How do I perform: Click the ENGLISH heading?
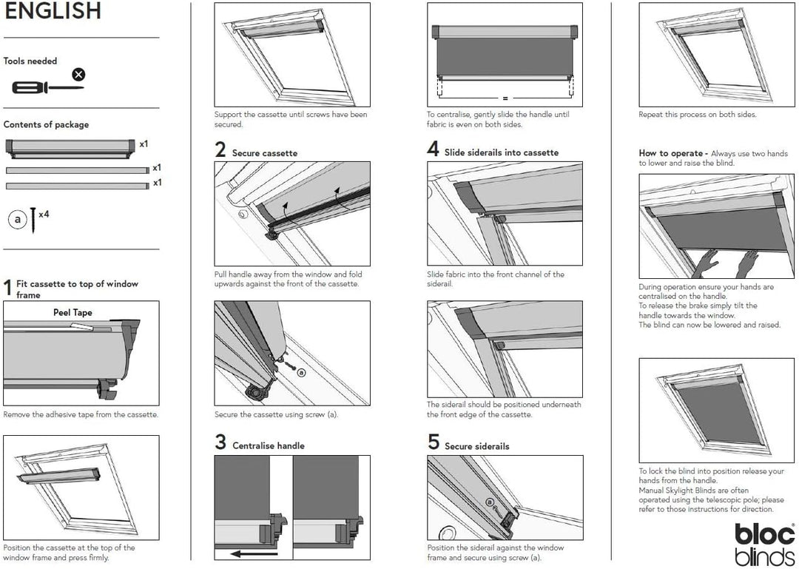[x=53, y=11]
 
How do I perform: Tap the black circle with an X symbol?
[x=78, y=74]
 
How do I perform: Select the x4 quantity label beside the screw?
[x=44, y=214]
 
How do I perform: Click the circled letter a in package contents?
[x=16, y=220]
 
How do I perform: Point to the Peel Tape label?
[x=73, y=312]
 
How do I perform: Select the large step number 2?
[x=220, y=150]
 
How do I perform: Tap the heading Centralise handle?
[x=269, y=445]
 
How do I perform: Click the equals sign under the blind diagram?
[x=505, y=98]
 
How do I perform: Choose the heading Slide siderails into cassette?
[x=501, y=152]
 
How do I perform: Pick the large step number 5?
[x=434, y=443]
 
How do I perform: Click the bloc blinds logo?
[x=764, y=544]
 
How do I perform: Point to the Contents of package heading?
[x=46, y=124]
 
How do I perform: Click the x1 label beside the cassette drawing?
[x=144, y=144]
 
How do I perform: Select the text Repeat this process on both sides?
[x=698, y=115]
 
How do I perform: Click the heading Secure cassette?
[x=265, y=153]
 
